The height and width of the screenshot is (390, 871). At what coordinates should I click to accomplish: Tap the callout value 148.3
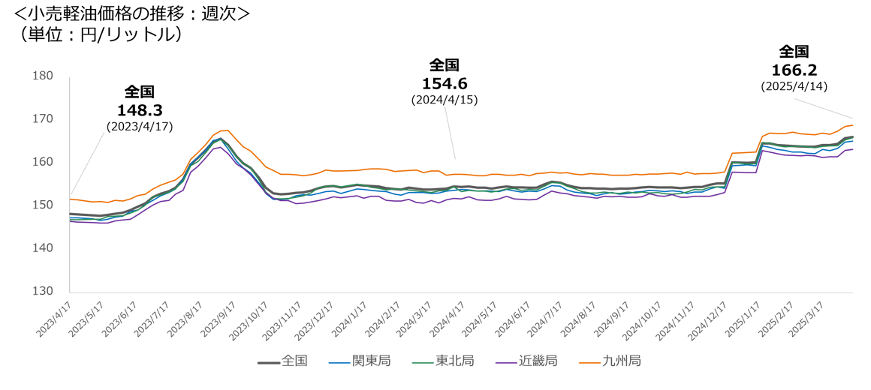[140, 110]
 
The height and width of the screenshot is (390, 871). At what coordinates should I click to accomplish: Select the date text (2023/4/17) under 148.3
[140, 127]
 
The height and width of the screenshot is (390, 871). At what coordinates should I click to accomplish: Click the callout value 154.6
[445, 83]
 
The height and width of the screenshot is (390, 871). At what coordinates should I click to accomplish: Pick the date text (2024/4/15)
[445, 100]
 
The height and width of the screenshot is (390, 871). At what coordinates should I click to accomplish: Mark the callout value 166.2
[794, 70]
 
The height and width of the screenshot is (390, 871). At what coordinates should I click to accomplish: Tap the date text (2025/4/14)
[794, 87]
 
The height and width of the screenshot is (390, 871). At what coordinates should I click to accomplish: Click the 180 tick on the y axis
[43, 76]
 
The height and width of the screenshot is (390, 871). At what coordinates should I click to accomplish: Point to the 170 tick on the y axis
[43, 119]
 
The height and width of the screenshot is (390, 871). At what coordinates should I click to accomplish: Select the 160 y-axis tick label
[43, 162]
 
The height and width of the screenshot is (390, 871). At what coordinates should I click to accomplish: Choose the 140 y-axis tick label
[43, 248]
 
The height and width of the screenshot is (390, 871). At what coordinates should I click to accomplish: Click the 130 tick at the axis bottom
[43, 291]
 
